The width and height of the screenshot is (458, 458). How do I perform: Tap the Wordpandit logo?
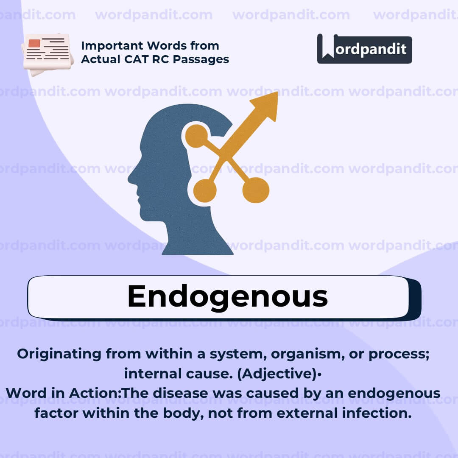coord(364,49)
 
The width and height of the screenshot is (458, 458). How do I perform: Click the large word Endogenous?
coord(227,296)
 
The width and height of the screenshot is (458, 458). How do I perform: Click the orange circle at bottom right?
coord(256,190)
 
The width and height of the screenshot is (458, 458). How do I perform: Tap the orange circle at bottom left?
coord(205,190)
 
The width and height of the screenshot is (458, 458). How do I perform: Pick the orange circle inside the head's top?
coord(196,136)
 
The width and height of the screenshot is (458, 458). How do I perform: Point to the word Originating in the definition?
coord(59,354)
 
